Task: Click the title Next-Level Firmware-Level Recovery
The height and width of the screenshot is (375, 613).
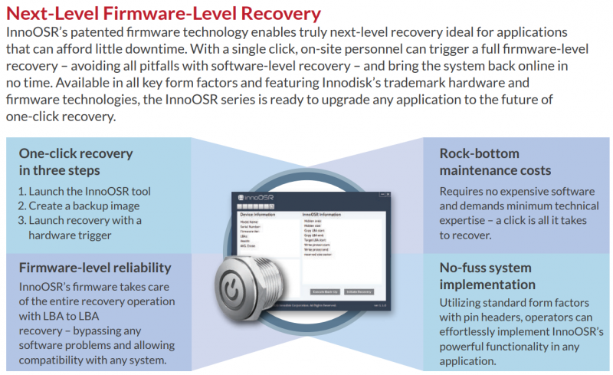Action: point(163,13)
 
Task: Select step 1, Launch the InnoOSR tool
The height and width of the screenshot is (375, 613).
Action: point(84,191)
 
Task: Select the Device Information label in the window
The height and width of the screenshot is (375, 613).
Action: point(253,215)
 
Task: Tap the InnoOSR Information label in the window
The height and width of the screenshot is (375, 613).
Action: point(322,215)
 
